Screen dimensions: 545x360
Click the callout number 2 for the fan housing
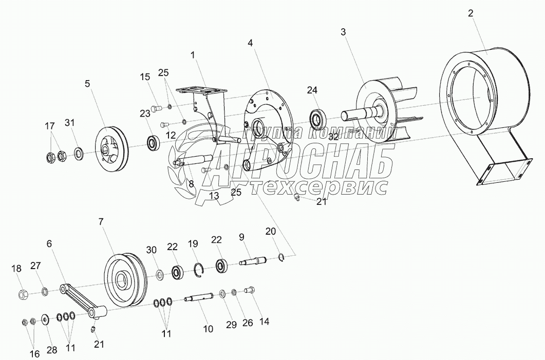pyautogui.click(x=470, y=14)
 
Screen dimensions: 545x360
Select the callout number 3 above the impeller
pyautogui.click(x=343, y=32)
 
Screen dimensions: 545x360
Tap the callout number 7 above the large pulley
pyautogui.click(x=101, y=222)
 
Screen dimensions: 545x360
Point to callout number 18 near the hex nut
pyautogui.click(x=16, y=268)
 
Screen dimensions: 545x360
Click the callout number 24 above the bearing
pyautogui.click(x=312, y=90)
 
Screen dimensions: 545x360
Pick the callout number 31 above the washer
pyautogui.click(x=69, y=122)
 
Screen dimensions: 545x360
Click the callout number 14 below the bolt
pyautogui.click(x=264, y=321)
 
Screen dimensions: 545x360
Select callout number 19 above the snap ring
pyautogui.click(x=193, y=243)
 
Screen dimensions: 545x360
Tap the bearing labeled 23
pyautogui.click(x=153, y=142)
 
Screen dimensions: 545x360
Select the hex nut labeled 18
pyautogui.click(x=23, y=294)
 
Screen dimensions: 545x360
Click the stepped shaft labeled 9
pyautogui.click(x=254, y=262)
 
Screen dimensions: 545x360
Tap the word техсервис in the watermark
pyautogui.click(x=318, y=187)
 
